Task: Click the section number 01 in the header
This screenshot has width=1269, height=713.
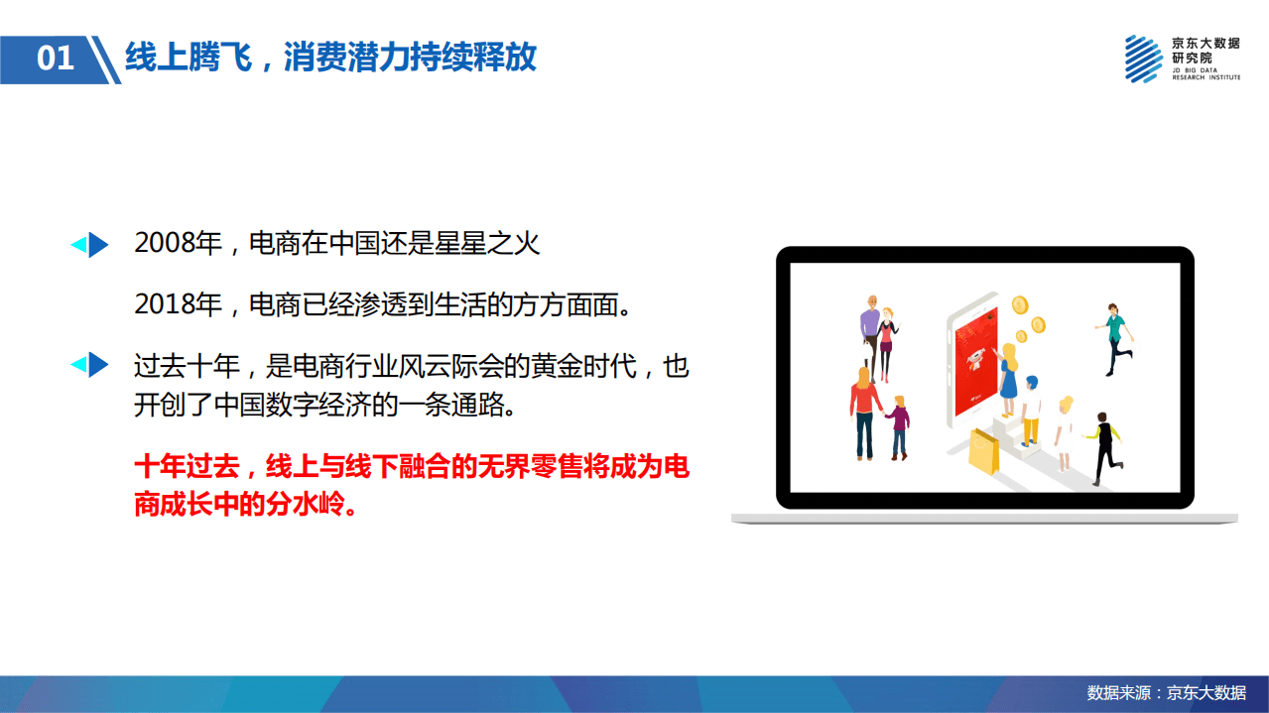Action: coord(56,59)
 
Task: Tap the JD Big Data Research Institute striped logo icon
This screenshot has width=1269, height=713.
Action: coord(1144,59)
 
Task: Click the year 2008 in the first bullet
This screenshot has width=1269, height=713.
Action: coord(165,244)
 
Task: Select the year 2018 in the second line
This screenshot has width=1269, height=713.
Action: coord(165,304)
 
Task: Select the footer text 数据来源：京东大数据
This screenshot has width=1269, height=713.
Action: coord(1166,692)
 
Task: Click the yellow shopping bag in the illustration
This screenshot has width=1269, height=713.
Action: coord(983,451)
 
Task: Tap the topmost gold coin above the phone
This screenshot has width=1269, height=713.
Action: coord(1018,304)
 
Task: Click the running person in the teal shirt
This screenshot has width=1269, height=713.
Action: coord(1116,338)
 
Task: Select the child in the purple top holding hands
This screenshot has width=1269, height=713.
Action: coord(899,425)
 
